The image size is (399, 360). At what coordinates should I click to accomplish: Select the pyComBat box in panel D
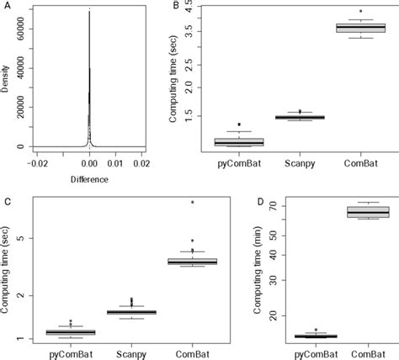point(315,336)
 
